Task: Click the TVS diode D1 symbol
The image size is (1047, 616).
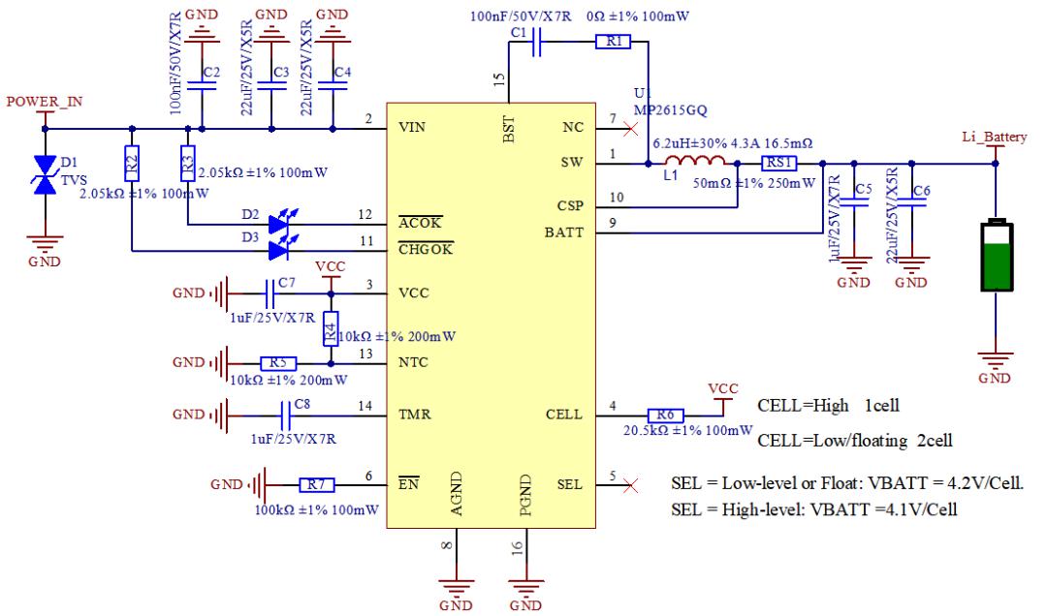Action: tap(43, 174)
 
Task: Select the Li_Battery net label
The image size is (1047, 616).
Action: tap(995, 138)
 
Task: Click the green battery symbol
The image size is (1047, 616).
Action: tap(995, 257)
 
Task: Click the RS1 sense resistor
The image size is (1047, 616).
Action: tap(778, 164)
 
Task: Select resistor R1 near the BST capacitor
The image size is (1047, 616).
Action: tap(615, 42)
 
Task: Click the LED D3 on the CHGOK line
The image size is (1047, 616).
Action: tap(279, 250)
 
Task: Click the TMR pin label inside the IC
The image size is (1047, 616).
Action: tap(415, 415)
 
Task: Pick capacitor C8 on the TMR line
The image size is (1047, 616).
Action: tap(286, 415)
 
